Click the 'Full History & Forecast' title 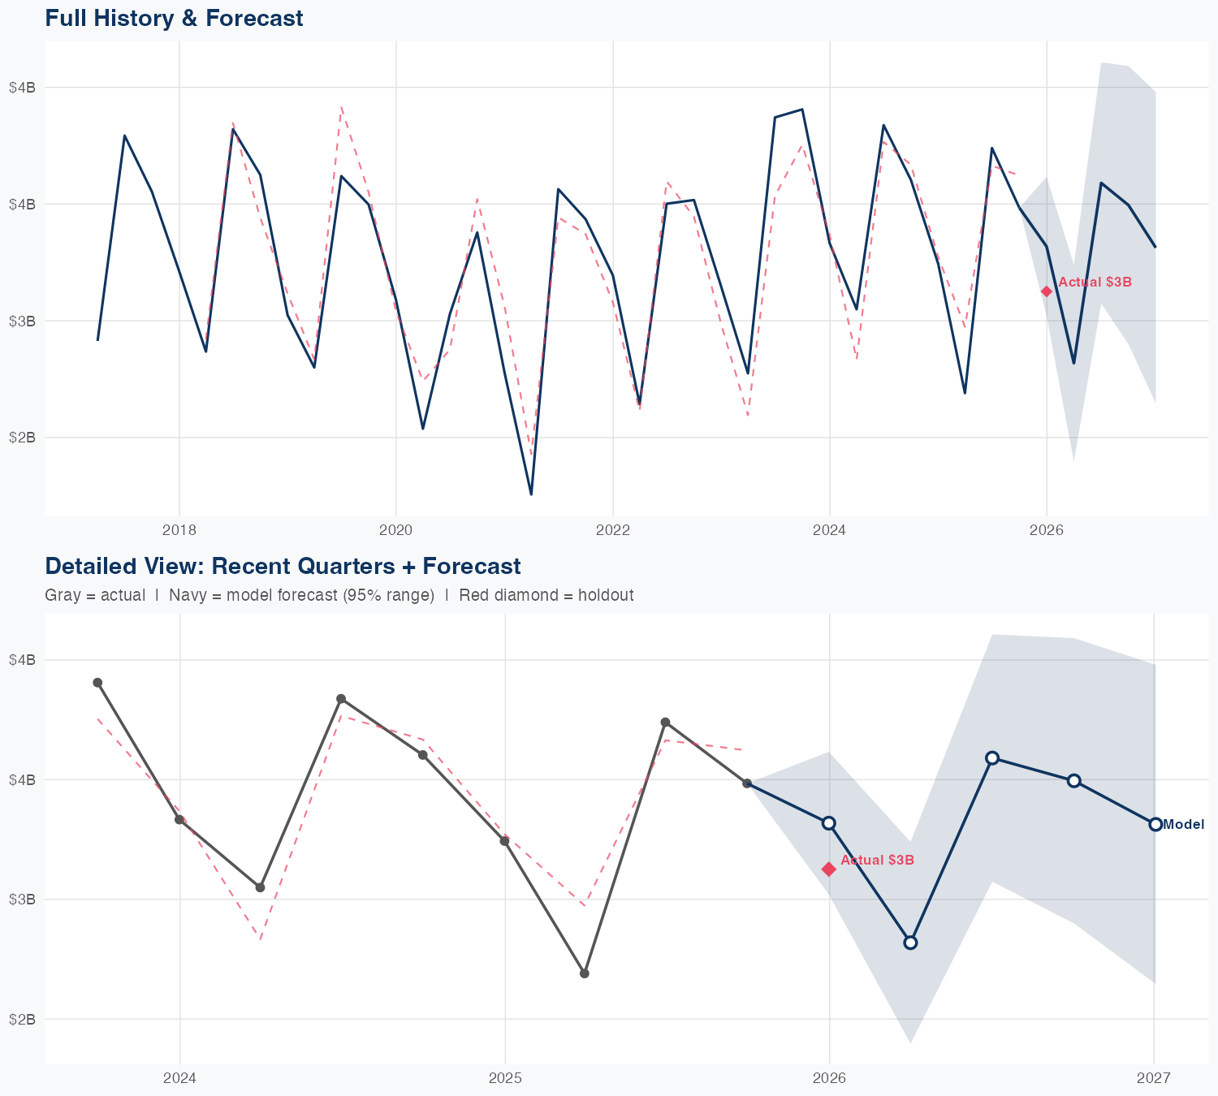tap(174, 18)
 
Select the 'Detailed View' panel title tap(283, 566)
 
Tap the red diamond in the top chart tap(1047, 291)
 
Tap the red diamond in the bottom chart tap(829, 869)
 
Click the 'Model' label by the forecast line tap(1184, 825)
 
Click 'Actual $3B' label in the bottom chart tap(877, 860)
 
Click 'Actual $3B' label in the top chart tap(1095, 282)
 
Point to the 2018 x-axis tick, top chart tap(179, 530)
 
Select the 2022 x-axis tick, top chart tap(613, 530)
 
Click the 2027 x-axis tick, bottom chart tap(1154, 1078)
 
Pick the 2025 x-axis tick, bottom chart tap(505, 1078)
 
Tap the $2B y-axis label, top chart tap(22, 438)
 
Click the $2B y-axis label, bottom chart tap(22, 1019)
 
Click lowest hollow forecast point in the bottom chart tap(910, 943)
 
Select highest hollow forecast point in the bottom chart tap(992, 757)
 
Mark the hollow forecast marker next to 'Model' tap(1155, 824)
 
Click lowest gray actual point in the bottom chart tap(585, 973)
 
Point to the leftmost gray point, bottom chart tap(97, 683)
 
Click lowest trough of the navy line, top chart tap(531, 494)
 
